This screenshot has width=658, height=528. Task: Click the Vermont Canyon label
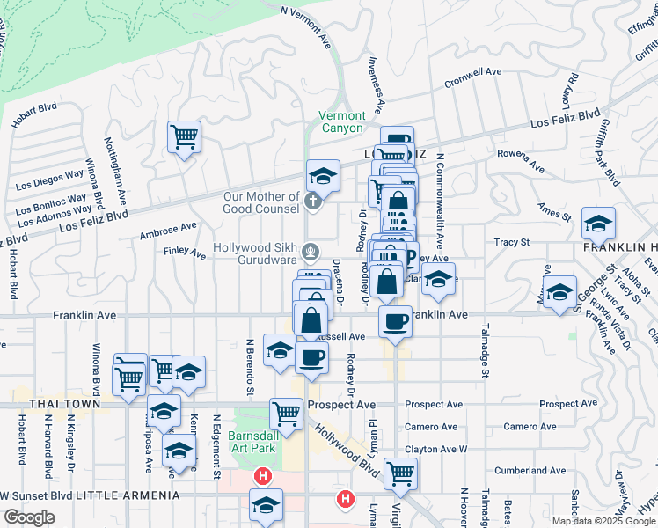click(341, 121)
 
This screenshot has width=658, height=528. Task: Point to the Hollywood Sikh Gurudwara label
click(263, 253)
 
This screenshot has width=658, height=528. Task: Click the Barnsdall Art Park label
click(253, 442)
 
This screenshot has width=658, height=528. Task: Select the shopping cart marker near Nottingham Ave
click(184, 136)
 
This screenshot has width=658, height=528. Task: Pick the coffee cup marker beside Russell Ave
click(311, 356)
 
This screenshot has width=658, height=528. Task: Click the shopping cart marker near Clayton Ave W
click(400, 473)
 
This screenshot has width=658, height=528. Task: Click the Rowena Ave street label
click(521, 160)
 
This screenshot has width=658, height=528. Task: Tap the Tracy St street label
click(511, 241)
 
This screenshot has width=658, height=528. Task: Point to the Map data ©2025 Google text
click(603, 520)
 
